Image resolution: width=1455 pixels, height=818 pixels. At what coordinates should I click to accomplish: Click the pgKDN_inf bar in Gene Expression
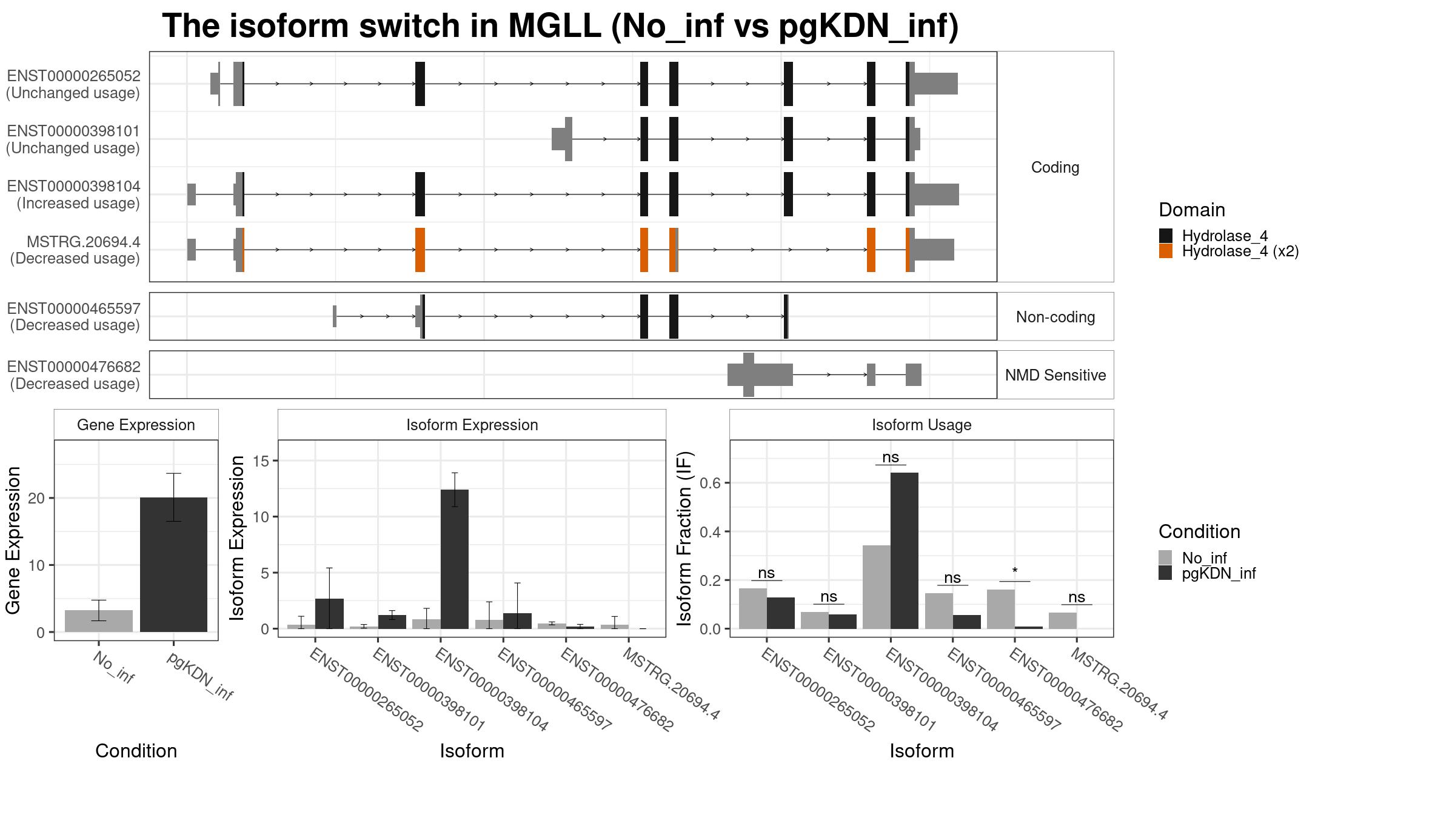pos(173,565)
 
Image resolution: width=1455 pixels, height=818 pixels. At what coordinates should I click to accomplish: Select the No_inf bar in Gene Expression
pos(99,621)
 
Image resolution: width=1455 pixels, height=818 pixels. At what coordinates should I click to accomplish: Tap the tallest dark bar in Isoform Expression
pos(455,559)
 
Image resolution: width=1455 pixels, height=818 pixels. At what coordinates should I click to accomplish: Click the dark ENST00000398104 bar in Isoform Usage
pos(905,551)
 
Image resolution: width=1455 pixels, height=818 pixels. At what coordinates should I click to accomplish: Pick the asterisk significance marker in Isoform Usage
pos(1015,571)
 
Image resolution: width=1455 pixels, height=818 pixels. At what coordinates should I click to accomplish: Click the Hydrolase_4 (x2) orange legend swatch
pos(1165,251)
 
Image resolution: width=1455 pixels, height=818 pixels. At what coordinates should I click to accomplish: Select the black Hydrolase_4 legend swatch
pos(1165,236)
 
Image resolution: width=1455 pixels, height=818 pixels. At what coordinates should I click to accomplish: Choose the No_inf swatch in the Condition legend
pos(1165,557)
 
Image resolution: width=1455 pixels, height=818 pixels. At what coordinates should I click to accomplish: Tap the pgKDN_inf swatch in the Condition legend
pos(1165,573)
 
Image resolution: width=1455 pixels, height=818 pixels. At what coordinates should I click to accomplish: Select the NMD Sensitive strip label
pos(1055,375)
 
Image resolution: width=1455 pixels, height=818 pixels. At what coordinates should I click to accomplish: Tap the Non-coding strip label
pos(1055,317)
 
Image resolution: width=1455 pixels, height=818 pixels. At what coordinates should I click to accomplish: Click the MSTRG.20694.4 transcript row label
pos(75,250)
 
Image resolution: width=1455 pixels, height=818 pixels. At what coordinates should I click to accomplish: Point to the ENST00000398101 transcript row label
pos(73,139)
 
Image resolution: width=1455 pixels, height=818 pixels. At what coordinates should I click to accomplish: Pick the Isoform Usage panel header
pos(921,425)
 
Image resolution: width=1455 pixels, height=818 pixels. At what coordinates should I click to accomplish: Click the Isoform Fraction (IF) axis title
pos(684,538)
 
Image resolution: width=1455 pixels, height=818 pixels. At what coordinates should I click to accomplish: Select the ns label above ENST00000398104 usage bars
pos(952,578)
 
